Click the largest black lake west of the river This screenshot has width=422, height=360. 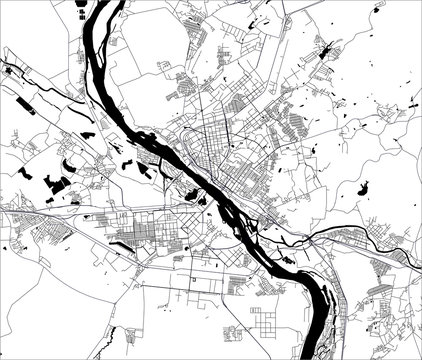pos(57,184)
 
